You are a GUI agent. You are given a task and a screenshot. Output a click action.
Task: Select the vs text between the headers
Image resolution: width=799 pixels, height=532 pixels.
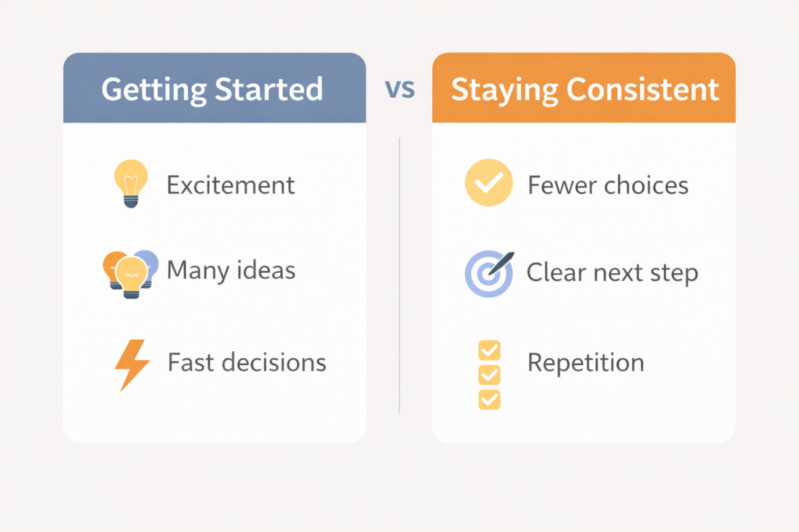click(400, 88)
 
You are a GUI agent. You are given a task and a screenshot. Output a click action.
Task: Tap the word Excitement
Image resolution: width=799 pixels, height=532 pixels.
click(230, 185)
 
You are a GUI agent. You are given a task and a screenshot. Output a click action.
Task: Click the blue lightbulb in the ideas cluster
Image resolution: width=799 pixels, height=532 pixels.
click(148, 264)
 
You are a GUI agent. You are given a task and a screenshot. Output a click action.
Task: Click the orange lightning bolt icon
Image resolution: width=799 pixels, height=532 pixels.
click(131, 364)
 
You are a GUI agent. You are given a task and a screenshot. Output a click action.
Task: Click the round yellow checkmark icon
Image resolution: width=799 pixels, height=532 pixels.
click(489, 182)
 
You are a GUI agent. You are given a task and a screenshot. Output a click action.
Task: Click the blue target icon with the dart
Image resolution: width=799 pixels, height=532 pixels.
click(488, 273)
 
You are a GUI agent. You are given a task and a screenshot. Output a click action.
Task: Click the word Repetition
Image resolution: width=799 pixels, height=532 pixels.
click(585, 363)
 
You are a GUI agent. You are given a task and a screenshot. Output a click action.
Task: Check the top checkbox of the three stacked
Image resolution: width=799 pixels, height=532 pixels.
click(489, 350)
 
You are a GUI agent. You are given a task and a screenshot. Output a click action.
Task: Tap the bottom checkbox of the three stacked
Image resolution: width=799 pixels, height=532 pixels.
click(489, 399)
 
